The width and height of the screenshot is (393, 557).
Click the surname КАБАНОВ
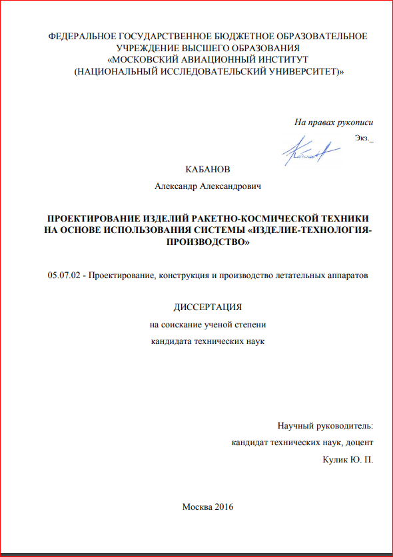(210, 170)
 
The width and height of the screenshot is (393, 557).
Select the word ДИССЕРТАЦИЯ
(207, 307)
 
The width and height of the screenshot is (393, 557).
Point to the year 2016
(224, 507)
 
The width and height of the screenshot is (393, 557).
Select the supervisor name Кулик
(334, 459)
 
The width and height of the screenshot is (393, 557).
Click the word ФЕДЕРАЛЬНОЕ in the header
(87, 36)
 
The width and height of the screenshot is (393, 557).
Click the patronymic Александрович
(234, 187)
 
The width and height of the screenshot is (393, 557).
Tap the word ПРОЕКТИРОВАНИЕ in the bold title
(93, 218)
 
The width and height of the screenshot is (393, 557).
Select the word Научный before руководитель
(298, 425)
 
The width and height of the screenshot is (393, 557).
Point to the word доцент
(358, 442)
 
